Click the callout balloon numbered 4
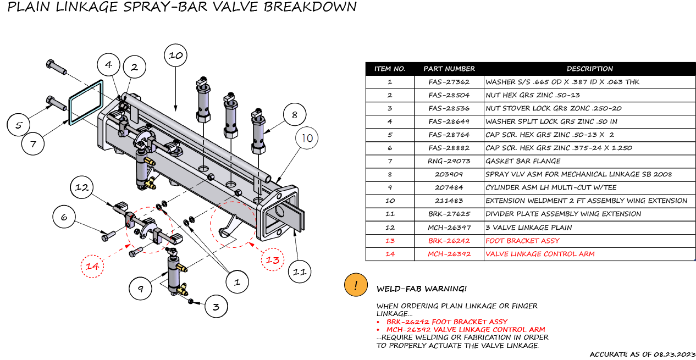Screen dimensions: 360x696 point(108,65)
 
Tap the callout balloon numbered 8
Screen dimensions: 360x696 point(295,115)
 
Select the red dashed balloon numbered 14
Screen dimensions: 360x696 point(92,267)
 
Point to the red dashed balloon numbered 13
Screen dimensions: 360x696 point(273,260)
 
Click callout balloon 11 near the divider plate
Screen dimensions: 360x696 point(299,272)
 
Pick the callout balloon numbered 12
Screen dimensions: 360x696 point(82,188)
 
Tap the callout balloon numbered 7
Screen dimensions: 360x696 point(33,145)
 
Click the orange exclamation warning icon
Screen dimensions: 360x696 point(356,286)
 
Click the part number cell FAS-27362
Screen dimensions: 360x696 point(449,82)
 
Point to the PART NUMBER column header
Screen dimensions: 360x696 point(449,69)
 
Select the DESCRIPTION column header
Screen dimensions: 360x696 point(589,69)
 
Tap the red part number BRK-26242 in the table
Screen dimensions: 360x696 point(449,241)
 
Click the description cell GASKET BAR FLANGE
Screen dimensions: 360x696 point(522,161)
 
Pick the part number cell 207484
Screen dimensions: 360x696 point(449,187)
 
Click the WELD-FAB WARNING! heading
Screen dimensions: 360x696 point(421,289)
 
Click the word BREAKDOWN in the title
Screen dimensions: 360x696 point(314,7)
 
